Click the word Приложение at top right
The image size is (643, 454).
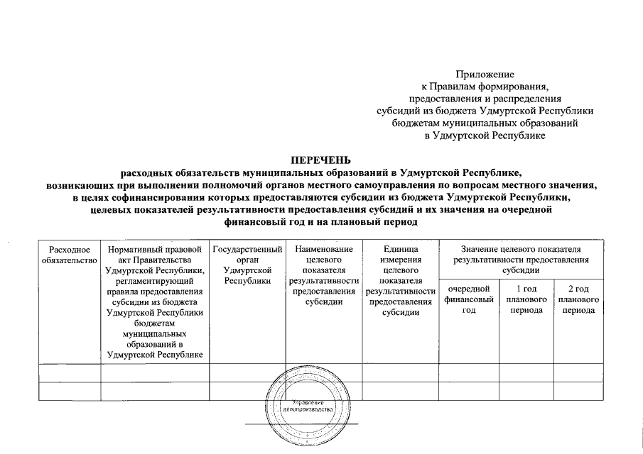click(485, 74)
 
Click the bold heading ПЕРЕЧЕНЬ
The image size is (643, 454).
click(321, 160)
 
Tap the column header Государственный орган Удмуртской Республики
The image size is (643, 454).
click(247, 265)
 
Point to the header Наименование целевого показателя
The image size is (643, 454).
click(323, 275)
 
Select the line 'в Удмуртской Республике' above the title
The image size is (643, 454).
click(485, 135)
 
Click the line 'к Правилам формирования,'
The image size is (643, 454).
click(485, 86)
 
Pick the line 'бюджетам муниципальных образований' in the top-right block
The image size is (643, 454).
click(485, 123)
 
